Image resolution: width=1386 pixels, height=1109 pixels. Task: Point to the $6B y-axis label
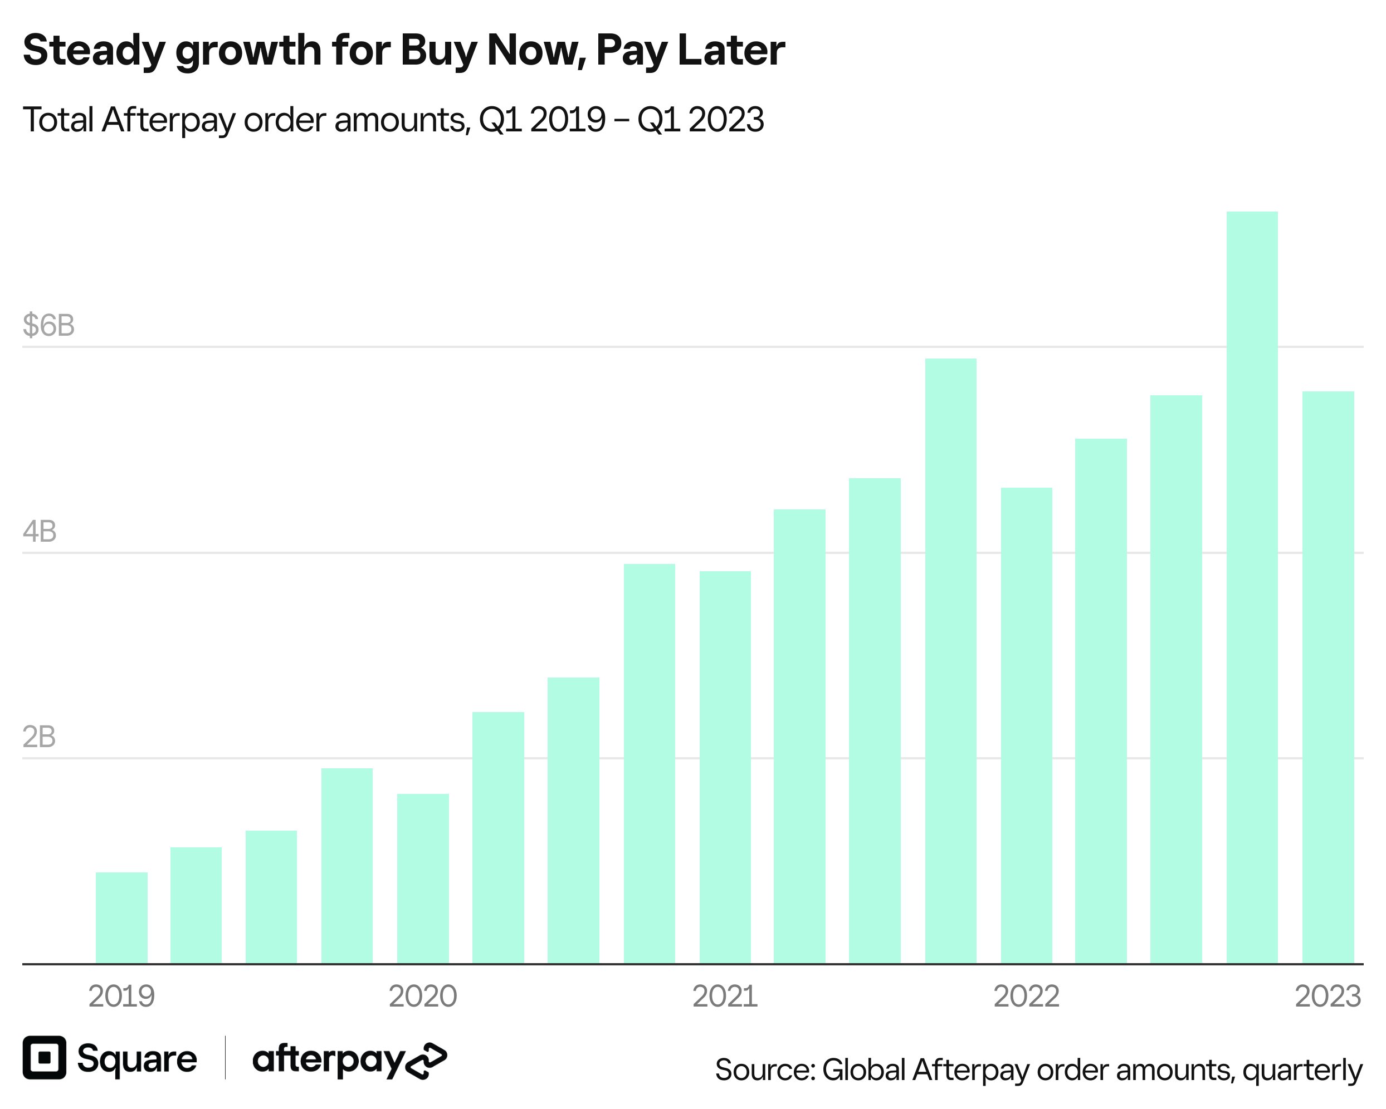pyautogui.click(x=48, y=325)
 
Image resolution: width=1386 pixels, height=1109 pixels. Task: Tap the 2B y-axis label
pyautogui.click(x=38, y=737)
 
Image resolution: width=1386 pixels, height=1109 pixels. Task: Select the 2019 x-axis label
pyautogui.click(x=121, y=997)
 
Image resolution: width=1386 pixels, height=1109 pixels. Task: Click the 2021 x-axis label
pyautogui.click(x=725, y=997)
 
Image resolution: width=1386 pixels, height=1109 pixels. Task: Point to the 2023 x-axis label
pyautogui.click(x=1328, y=997)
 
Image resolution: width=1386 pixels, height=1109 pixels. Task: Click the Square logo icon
pyautogui.click(x=45, y=1057)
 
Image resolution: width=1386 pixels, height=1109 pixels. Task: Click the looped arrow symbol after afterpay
pyautogui.click(x=426, y=1061)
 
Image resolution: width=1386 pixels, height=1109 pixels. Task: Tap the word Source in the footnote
pyautogui.click(x=764, y=1070)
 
